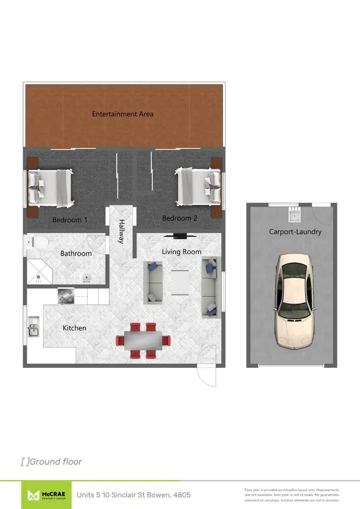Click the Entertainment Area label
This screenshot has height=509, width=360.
(123, 114)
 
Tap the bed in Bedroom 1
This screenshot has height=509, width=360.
(50, 186)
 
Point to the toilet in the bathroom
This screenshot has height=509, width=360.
(38, 242)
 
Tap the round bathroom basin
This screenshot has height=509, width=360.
(87, 277)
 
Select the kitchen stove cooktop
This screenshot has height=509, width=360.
(66, 296)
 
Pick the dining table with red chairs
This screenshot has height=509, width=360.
(143, 341)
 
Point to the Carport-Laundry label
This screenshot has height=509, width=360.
(295, 232)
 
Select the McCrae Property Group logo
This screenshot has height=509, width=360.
(46, 494)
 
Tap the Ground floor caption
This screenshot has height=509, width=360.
(52, 462)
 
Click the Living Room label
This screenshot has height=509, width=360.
(181, 251)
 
